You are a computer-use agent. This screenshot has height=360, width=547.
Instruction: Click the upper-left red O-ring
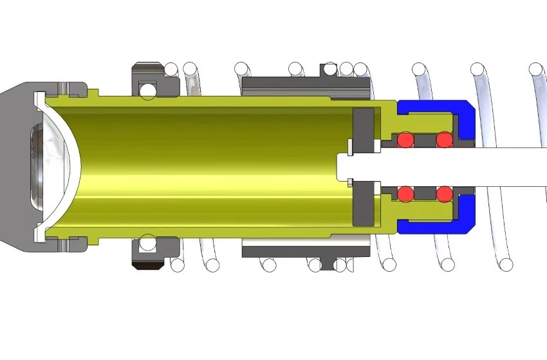[405, 140]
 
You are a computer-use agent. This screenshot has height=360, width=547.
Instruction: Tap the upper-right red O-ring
[444, 140]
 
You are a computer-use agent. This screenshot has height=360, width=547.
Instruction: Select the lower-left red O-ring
[405, 193]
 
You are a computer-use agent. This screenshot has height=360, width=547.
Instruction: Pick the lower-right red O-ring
[444, 193]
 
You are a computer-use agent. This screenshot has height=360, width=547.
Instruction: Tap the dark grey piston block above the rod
[364, 131]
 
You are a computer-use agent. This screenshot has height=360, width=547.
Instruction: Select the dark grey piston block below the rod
[364, 203]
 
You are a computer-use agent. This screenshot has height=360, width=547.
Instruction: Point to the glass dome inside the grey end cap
[48, 166]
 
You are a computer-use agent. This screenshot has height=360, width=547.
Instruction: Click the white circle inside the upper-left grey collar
[148, 90]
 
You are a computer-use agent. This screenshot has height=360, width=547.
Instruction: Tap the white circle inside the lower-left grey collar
[148, 243]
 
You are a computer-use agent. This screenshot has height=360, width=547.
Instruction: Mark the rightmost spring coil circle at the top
[535, 68]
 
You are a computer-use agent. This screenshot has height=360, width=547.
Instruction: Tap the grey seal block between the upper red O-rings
[424, 140]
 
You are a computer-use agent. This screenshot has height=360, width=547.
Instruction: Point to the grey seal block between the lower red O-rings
[424, 193]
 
